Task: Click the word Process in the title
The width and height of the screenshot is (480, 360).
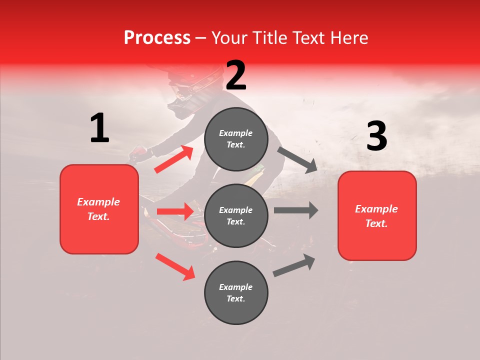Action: click(x=157, y=38)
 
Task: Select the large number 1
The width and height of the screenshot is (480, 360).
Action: click(x=99, y=128)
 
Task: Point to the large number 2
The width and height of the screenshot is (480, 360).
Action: click(x=236, y=75)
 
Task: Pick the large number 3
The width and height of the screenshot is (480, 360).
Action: click(x=376, y=136)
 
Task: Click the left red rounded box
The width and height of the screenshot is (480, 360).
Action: click(x=99, y=209)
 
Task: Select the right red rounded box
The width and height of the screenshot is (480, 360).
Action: click(x=377, y=216)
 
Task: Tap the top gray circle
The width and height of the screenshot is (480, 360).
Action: click(x=236, y=139)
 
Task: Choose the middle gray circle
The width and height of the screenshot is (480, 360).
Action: click(x=236, y=216)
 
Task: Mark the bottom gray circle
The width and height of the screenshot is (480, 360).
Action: click(x=236, y=292)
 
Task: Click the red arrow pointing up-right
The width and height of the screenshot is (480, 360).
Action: click(x=174, y=159)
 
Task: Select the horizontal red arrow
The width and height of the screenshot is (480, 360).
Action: click(x=175, y=211)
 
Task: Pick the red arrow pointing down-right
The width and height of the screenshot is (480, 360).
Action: click(x=175, y=266)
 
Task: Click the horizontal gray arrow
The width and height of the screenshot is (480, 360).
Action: click(x=295, y=210)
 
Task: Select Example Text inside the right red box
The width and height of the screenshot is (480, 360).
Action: click(x=376, y=216)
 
